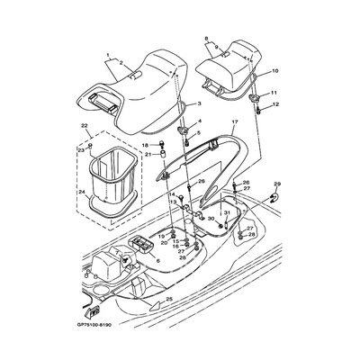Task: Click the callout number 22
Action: (x=85, y=126)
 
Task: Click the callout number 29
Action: (x=277, y=183)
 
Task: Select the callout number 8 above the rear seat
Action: (x=206, y=39)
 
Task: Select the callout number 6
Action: (x=159, y=260)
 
